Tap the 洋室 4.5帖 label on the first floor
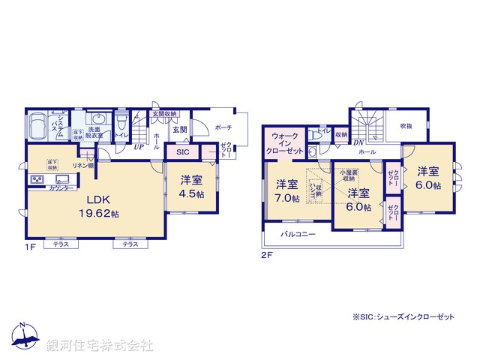tap(191, 185)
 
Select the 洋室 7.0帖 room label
tap(286, 190)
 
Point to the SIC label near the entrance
tap(183, 152)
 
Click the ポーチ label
tap(223, 127)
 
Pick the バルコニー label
tap(298, 235)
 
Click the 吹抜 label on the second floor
tap(406, 126)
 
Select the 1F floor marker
tap(29, 245)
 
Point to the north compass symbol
tap(24, 337)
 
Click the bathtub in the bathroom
tap(37, 125)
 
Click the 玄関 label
tap(180, 130)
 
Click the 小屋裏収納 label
tap(346, 175)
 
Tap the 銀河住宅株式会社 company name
tap(100, 346)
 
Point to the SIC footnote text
tap(403, 317)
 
